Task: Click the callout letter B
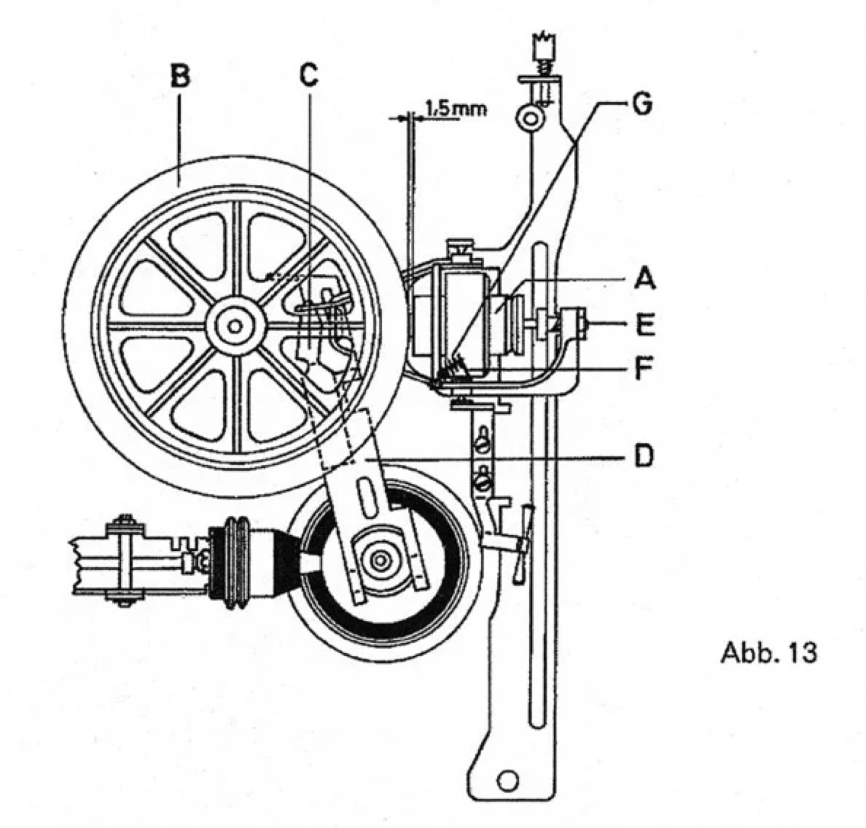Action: click(x=180, y=76)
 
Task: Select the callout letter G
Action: click(x=642, y=104)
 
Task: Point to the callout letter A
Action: click(x=645, y=278)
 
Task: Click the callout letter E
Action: click(x=645, y=323)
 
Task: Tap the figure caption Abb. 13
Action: click(x=768, y=653)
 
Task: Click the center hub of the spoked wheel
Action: click(x=235, y=326)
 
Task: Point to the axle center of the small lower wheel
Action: click(x=381, y=561)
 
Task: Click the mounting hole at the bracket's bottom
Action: click(x=507, y=781)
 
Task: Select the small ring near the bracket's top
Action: click(x=529, y=118)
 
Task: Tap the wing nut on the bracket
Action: click(x=521, y=544)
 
